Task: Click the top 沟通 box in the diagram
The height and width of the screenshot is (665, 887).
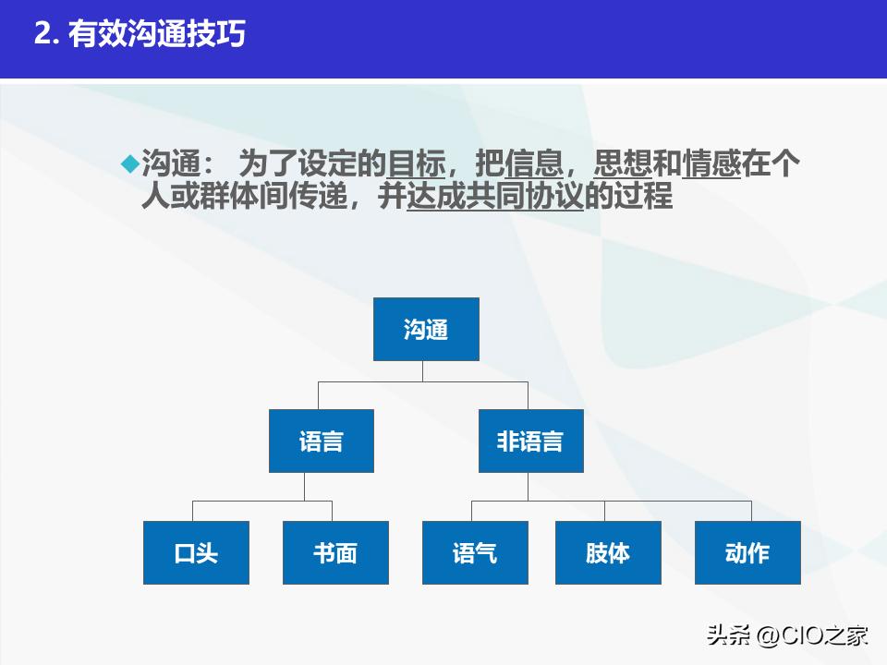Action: pyautogui.click(x=426, y=329)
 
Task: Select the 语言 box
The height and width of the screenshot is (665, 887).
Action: pyautogui.click(x=322, y=441)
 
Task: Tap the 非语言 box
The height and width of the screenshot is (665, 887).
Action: pyautogui.click(x=530, y=441)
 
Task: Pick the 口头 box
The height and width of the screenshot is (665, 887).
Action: pyautogui.click(x=196, y=552)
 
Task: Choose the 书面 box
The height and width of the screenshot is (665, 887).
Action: pyautogui.click(x=335, y=552)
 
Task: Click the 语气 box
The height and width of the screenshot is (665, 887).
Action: pyautogui.click(x=475, y=552)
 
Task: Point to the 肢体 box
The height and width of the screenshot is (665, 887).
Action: pyautogui.click(x=608, y=552)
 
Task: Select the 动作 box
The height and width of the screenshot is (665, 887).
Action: pyautogui.click(x=747, y=552)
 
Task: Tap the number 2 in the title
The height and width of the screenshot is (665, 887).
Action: pyautogui.click(x=41, y=34)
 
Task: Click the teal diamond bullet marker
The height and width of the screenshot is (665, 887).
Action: pyautogui.click(x=129, y=163)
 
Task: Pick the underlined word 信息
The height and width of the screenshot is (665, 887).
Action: pyautogui.click(x=534, y=164)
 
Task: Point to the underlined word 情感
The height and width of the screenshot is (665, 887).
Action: pyautogui.click(x=711, y=164)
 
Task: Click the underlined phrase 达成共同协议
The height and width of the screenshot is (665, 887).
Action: pyautogui.click(x=495, y=198)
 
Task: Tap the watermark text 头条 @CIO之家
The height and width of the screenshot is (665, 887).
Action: pyautogui.click(x=787, y=635)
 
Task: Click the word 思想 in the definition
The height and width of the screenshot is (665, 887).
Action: pyautogui.click(x=623, y=164)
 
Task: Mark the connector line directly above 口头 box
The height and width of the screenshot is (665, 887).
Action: pyautogui.click(x=193, y=511)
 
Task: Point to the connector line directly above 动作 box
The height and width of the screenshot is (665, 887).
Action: pyautogui.click(x=751, y=511)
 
